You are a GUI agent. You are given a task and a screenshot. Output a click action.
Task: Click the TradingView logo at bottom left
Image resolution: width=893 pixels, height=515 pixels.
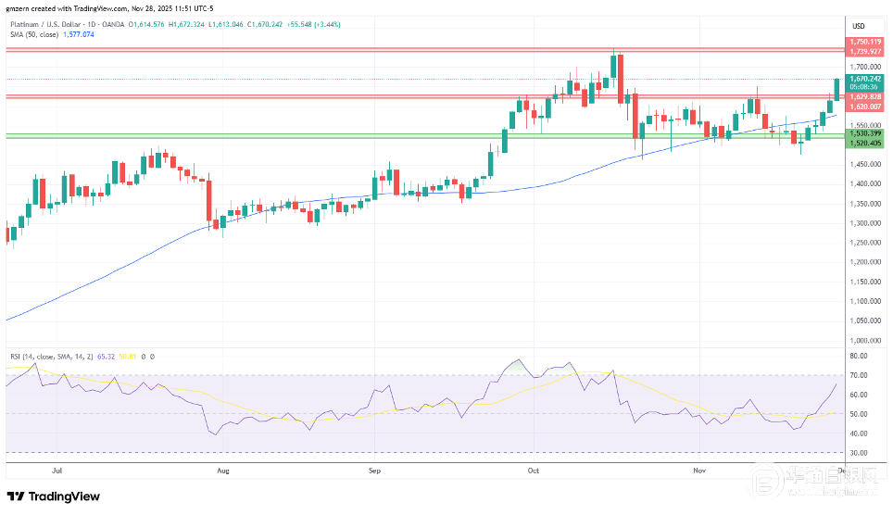coord(54,496)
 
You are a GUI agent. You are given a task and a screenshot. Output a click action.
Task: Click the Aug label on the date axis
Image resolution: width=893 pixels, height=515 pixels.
coord(222,470)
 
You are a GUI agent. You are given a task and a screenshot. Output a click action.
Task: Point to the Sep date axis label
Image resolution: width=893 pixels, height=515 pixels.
coord(374,470)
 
